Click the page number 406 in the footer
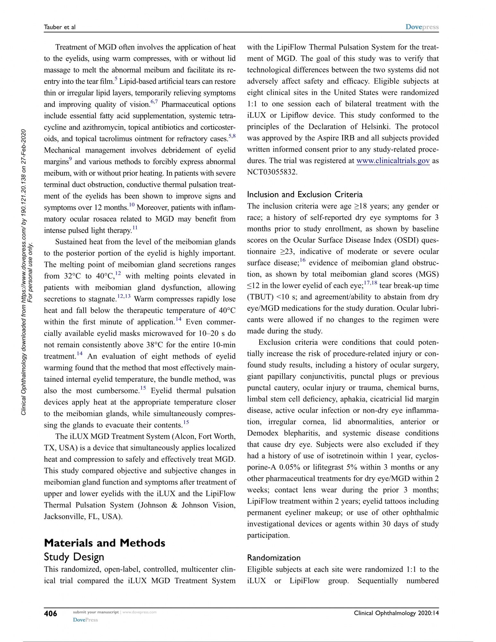[50, 613]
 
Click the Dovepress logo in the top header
[422, 27]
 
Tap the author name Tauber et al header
[60, 27]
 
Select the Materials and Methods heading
[105, 543]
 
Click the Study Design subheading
[74, 557]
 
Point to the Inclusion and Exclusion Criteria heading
[305, 194]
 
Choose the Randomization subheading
[274, 558]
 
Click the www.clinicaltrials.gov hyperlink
[393, 161]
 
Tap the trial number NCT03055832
[272, 172]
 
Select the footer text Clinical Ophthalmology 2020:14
[396, 613]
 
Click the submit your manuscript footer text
[96, 612]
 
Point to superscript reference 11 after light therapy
[135, 228]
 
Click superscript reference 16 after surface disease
[302, 260]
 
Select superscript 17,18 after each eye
[371, 283]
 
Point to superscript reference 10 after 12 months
[132, 205]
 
